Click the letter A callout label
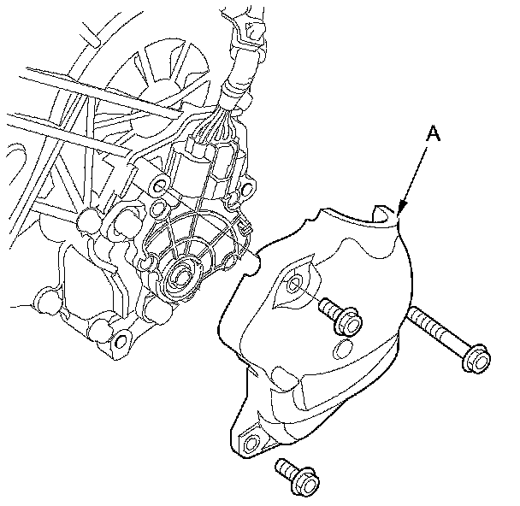433,133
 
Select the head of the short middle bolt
348,321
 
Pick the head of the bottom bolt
306,482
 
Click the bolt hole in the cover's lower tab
251,444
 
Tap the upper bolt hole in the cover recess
294,284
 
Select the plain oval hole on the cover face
342,350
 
